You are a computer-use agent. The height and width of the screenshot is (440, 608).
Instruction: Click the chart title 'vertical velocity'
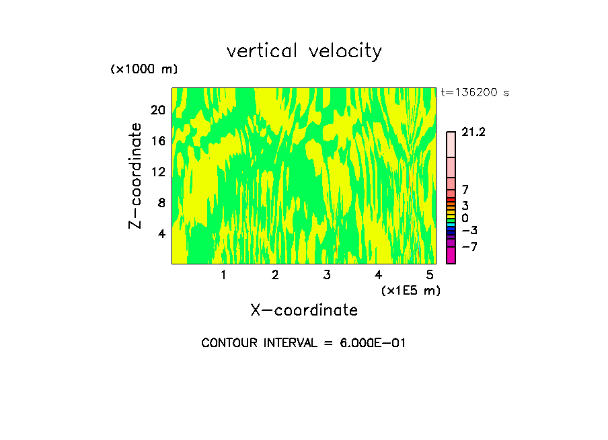point(304,51)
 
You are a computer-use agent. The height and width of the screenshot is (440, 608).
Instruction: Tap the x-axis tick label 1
point(223,275)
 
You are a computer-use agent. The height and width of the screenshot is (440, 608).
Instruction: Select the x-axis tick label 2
point(275,275)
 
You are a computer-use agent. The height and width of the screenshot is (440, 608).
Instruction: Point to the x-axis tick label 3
point(327,275)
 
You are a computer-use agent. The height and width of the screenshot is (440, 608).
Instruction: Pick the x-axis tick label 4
point(379,275)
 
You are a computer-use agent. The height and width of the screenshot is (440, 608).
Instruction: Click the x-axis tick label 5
point(430,275)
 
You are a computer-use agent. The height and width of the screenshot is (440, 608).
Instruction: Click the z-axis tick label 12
point(157,172)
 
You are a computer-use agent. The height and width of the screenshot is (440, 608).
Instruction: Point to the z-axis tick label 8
point(161,203)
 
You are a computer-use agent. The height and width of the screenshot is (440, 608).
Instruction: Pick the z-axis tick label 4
point(161,233)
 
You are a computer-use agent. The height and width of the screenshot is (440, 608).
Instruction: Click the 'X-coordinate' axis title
point(304,310)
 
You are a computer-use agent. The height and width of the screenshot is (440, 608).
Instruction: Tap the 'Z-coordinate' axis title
point(136,176)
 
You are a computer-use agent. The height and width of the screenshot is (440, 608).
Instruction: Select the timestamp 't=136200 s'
point(475,93)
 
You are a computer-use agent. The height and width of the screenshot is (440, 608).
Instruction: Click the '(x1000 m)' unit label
point(144,70)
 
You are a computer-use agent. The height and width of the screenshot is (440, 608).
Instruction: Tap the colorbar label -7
point(469,247)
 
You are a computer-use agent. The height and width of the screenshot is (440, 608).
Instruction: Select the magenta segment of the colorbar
point(451,255)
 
